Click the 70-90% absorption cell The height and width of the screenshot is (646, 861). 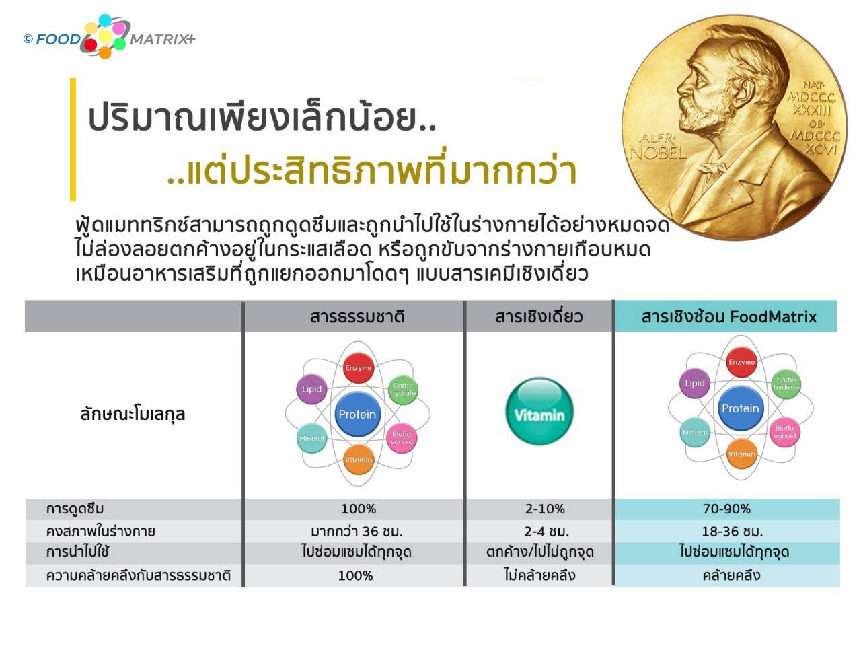(726, 509)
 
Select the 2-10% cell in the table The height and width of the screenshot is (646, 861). (545, 509)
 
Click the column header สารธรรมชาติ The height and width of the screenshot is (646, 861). (357, 316)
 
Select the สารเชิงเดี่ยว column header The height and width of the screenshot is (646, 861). (539, 316)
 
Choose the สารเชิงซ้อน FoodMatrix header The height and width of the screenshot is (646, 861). (728, 316)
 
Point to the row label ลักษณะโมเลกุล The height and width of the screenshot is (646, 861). (133, 415)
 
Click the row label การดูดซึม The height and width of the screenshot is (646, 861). (75, 509)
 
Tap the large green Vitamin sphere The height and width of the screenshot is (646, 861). (539, 411)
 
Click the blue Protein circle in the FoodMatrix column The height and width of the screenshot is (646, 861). (740, 408)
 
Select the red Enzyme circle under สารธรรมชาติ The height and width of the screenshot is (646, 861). (358, 367)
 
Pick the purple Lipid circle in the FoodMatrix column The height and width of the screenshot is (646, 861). (695, 383)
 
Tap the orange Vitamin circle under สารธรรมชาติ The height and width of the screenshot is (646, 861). (359, 460)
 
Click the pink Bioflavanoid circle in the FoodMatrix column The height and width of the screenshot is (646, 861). (784, 432)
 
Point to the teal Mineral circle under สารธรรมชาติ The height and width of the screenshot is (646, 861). (312, 438)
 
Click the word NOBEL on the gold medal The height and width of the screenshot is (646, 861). (658, 153)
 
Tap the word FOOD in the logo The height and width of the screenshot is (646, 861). (58, 39)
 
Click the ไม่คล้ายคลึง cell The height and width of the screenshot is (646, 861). (539, 575)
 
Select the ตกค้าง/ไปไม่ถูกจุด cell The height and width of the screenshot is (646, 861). (539, 552)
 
